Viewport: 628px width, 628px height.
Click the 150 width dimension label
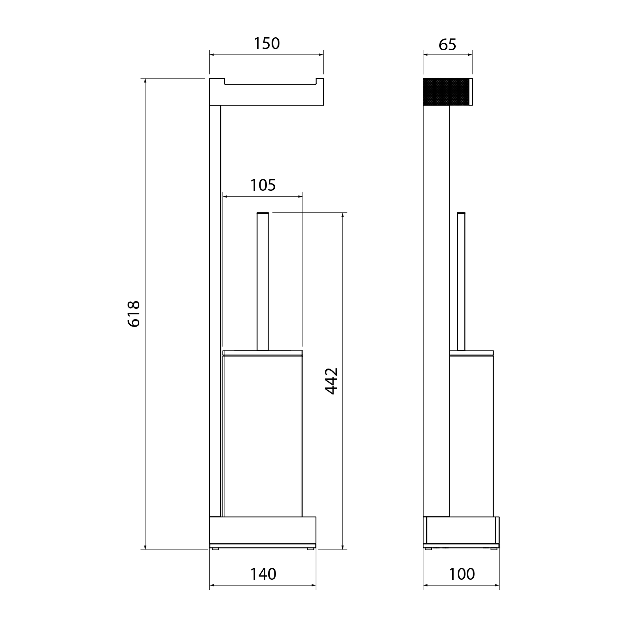pyautogui.click(x=267, y=44)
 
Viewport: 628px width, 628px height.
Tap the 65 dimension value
pyautogui.click(x=447, y=45)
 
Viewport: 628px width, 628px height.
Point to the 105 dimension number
pyautogui.click(x=263, y=185)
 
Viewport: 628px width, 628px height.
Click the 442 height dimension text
pyautogui.click(x=332, y=381)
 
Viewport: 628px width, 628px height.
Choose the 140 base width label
pyautogui.click(x=263, y=574)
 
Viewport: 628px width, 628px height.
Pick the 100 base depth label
pyautogui.click(x=462, y=574)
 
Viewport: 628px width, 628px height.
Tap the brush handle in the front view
pyautogui.click(x=263, y=281)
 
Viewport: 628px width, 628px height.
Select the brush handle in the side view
pyautogui.click(x=461, y=281)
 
